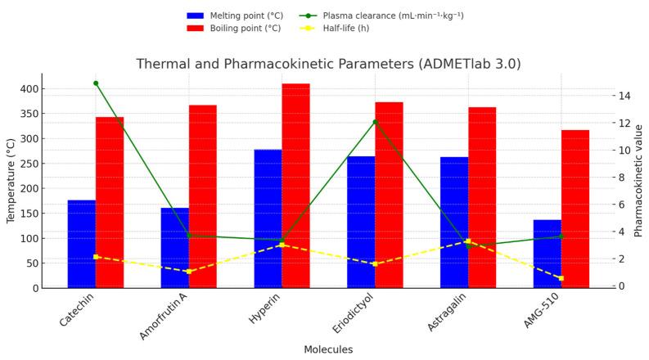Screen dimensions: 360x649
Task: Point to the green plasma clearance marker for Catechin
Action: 96,83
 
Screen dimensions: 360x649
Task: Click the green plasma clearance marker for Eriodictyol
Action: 375,122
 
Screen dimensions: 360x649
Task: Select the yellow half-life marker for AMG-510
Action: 561,278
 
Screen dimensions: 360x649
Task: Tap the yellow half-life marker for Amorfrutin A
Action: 188,272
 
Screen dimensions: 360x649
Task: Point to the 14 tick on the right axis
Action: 624,96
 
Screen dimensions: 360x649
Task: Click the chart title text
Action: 328,64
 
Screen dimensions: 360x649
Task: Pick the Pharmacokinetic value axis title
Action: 639,181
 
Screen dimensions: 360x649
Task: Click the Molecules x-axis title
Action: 328,349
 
